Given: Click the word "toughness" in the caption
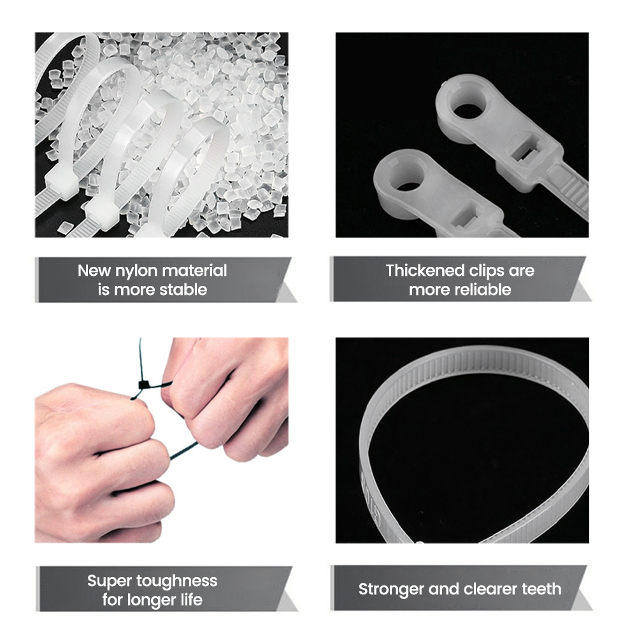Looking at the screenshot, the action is tap(176, 582).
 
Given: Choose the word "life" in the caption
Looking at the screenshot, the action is tap(191, 599).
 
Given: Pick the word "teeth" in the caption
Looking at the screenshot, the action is tap(541, 589).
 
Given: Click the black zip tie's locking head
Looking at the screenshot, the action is tap(144, 385).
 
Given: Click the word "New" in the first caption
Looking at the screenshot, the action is tap(94, 271).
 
